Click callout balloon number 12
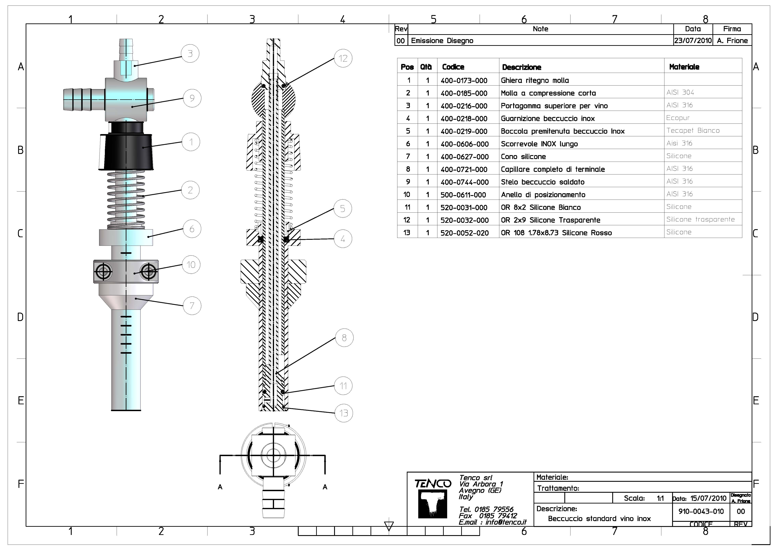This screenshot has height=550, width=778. pyautogui.click(x=343, y=59)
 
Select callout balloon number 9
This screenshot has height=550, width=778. pyautogui.click(x=192, y=98)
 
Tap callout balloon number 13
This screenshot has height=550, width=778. pyautogui.click(x=344, y=413)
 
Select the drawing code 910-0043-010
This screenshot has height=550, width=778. pyautogui.click(x=701, y=511)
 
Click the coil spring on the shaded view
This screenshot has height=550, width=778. pyautogui.click(x=126, y=200)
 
